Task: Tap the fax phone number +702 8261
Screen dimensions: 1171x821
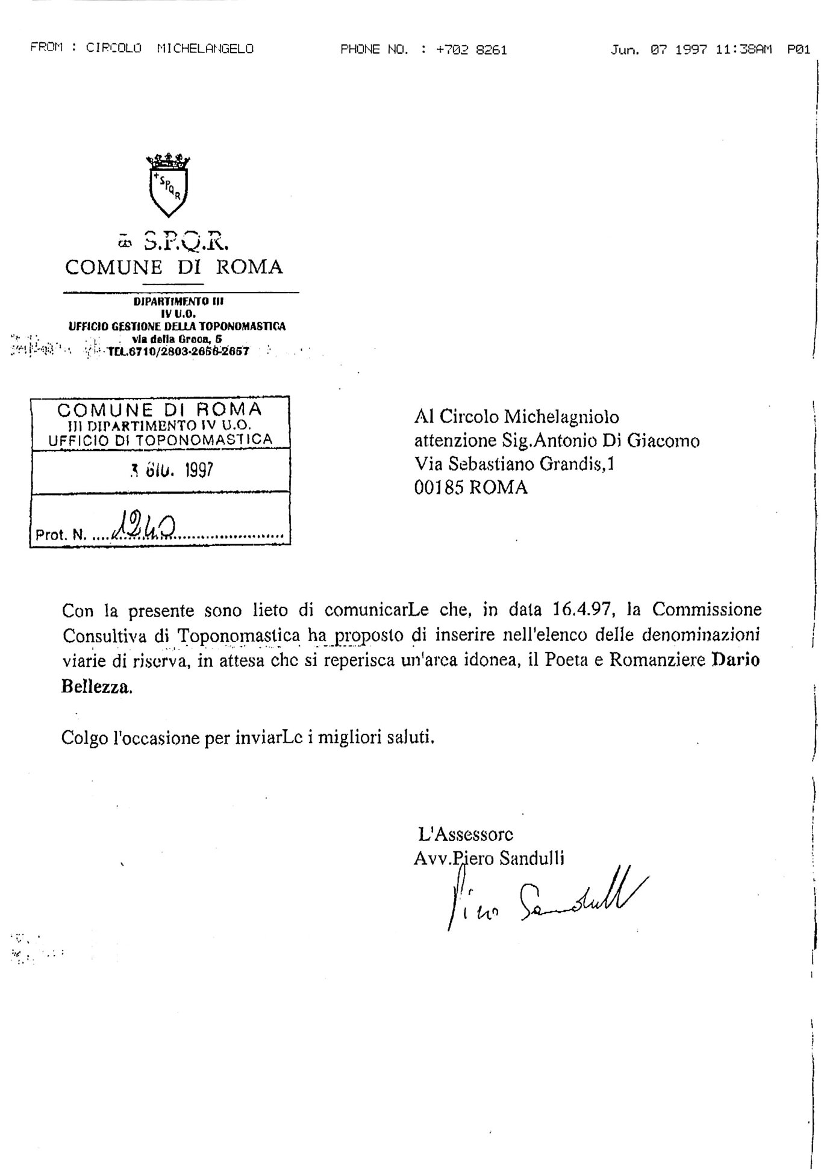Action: (x=472, y=50)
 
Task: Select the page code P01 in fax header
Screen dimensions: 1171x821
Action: (x=798, y=50)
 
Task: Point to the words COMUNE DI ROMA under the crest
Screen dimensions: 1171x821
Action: (x=174, y=267)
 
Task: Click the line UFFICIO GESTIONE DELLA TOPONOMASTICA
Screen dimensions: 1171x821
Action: (x=177, y=326)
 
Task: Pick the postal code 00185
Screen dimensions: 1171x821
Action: (x=438, y=488)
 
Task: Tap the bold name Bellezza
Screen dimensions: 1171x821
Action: (x=96, y=687)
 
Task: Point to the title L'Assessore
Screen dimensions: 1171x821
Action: (x=466, y=834)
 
